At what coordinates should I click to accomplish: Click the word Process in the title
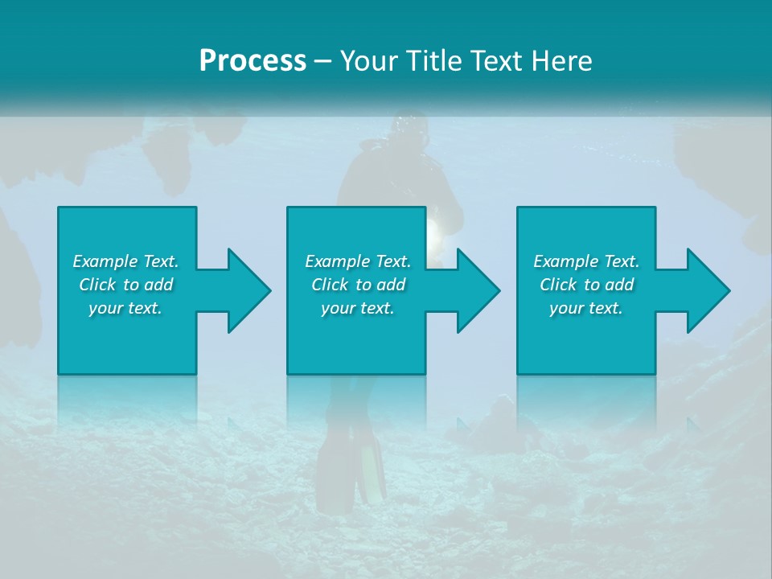coord(253,61)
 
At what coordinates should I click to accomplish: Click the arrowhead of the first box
coord(248,290)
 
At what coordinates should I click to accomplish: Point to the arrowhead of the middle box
coord(478,290)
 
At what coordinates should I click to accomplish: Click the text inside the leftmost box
coord(125,285)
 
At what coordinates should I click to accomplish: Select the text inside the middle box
coord(357,285)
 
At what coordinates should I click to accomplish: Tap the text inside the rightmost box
coord(586,285)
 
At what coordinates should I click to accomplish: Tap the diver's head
coord(411,128)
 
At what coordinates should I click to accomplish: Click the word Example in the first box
coord(105,261)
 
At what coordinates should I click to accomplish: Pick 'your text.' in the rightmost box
coord(586,308)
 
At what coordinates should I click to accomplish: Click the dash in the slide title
coord(322,61)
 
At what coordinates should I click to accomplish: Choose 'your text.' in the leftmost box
coord(125,308)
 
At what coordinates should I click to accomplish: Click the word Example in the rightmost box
coord(566,261)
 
